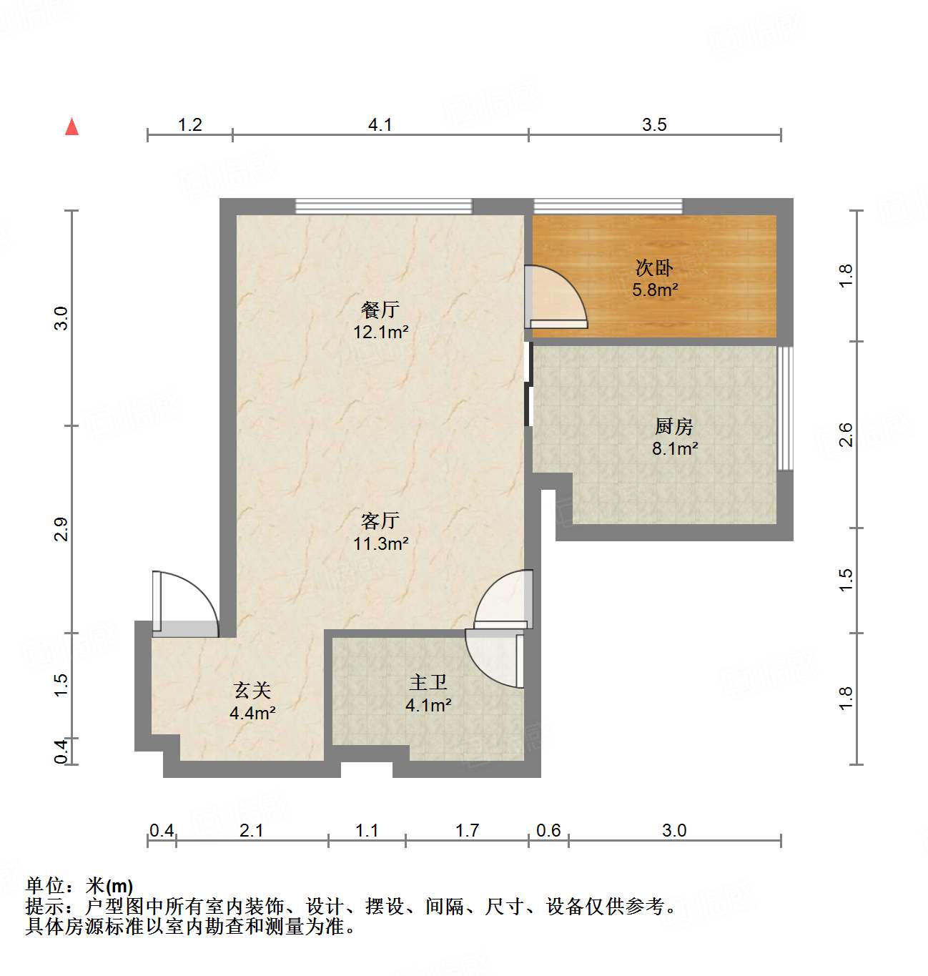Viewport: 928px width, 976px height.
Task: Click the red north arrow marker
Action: [71, 127]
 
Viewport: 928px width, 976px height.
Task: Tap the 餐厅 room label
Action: [380, 310]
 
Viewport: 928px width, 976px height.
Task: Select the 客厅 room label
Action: [380, 521]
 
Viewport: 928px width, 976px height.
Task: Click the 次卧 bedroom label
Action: [654, 268]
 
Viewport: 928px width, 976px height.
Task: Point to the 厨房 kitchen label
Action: [673, 426]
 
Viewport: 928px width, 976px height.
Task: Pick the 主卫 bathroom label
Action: [428, 683]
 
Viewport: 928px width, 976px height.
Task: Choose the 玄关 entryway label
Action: [252, 691]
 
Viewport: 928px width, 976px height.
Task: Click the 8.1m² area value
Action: [674, 449]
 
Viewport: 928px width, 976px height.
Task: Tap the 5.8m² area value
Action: [655, 290]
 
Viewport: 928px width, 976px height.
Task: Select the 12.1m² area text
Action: [380, 332]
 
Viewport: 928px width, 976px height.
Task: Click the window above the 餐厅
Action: [384, 207]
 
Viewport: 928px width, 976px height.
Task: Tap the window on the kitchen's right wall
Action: [784, 408]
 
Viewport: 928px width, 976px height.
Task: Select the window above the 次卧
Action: [608, 207]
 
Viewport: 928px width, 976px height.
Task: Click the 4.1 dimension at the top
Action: [380, 125]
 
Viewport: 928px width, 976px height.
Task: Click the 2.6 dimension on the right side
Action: [846, 435]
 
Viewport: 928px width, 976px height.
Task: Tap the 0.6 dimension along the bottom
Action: [548, 830]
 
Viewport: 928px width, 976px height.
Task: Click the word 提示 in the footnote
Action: [44, 907]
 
